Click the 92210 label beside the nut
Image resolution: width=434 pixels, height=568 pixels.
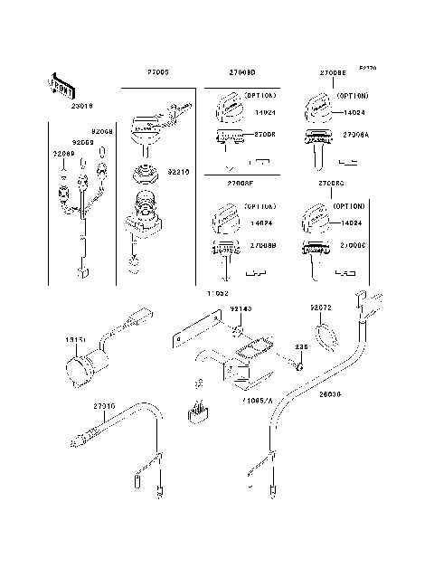tap(177, 168)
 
